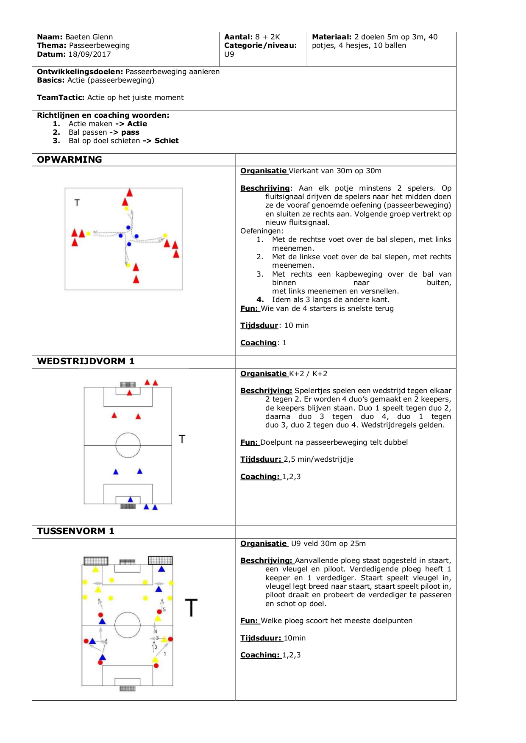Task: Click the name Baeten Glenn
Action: [89, 37]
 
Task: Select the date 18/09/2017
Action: [89, 54]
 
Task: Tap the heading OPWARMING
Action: [70, 160]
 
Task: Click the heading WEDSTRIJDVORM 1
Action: [86, 361]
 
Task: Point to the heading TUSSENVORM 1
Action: [75, 531]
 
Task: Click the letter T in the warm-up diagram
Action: [77, 203]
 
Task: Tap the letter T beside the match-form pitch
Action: [182, 439]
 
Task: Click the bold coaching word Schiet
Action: [167, 141]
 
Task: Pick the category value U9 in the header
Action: [229, 54]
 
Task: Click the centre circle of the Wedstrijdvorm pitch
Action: [128, 445]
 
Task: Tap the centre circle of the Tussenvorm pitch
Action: [127, 625]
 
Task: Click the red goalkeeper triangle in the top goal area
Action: [130, 393]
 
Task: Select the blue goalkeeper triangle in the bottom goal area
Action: [131, 500]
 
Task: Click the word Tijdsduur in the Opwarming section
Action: [259, 325]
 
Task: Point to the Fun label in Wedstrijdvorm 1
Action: [249, 442]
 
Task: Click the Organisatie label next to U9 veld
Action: [264, 543]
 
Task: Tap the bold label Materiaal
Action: [331, 37]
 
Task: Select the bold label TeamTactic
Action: [61, 97]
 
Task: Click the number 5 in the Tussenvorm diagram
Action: [164, 610]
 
